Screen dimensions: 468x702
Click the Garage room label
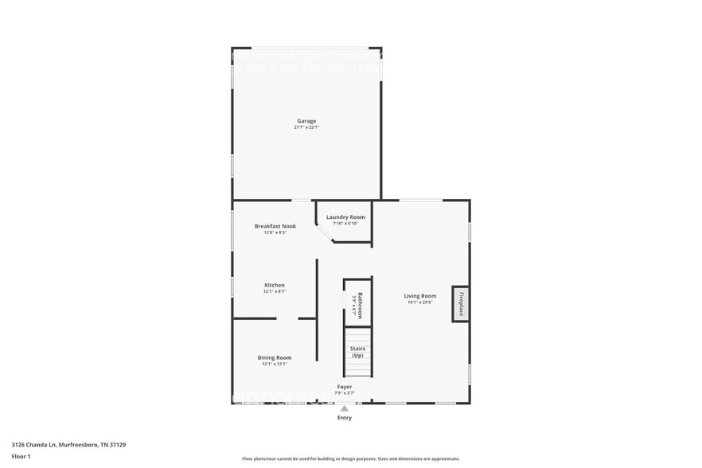coord(306,121)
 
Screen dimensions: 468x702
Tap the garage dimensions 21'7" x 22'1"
coord(306,127)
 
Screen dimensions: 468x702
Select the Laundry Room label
coord(345,217)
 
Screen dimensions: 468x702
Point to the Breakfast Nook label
coord(275,226)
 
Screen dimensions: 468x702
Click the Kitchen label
coord(275,285)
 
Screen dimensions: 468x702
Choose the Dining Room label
coord(275,357)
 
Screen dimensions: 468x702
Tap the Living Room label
coord(420,296)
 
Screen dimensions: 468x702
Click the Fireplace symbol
coord(460,303)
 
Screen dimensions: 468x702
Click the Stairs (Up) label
coord(357,352)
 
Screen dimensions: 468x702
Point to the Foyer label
coord(344,387)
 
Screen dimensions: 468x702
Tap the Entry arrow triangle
coord(344,409)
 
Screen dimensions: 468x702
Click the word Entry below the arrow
coord(344,418)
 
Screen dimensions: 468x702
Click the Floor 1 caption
coord(21,456)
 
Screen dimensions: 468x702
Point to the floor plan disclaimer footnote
coord(350,458)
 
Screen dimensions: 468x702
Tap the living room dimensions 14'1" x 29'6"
coord(420,302)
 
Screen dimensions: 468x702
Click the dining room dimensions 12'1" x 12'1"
coord(275,364)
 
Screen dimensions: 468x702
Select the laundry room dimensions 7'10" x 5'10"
coord(345,224)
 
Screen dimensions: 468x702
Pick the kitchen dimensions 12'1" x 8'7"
coord(275,291)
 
